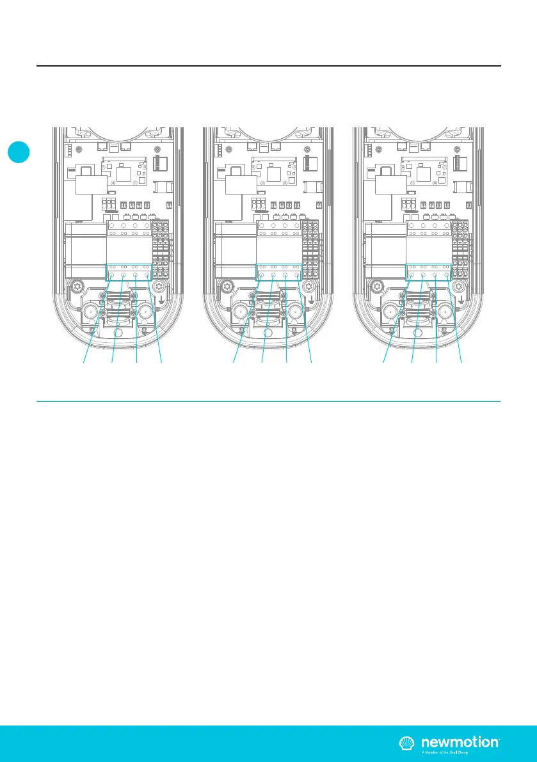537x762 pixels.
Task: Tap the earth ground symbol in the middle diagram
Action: coord(311,298)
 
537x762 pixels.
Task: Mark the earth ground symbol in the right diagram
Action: coord(462,298)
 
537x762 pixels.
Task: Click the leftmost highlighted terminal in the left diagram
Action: coord(111,276)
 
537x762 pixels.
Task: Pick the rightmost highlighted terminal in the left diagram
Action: coord(148,276)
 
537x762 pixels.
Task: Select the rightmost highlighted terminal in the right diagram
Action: coord(447,276)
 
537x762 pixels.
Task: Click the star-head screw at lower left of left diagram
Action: coord(77,285)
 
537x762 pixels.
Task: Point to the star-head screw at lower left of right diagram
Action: coord(378,285)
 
